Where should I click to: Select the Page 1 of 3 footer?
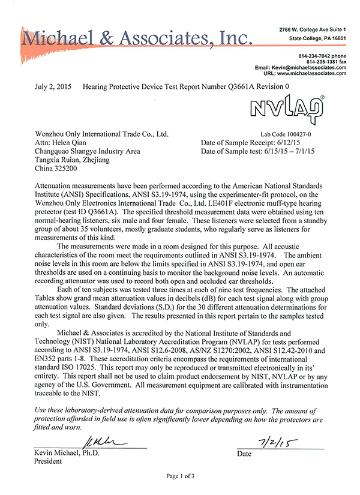coord(180,476)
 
